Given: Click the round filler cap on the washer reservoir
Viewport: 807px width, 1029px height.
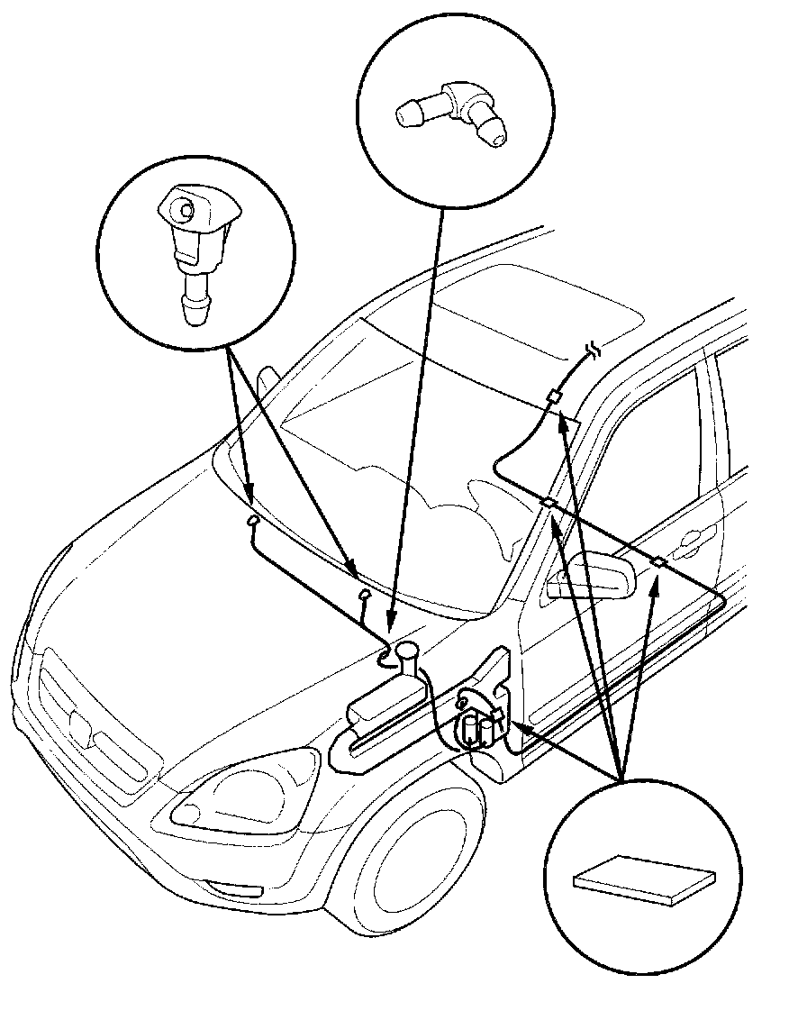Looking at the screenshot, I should tap(407, 650).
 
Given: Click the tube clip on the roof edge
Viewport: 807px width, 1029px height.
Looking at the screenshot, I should tap(555, 396).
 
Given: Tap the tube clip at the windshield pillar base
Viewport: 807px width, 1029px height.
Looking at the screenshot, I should tap(547, 503).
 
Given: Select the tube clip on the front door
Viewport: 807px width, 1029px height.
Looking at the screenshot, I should tap(659, 562).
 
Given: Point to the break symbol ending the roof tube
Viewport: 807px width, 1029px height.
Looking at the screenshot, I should tap(594, 350).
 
